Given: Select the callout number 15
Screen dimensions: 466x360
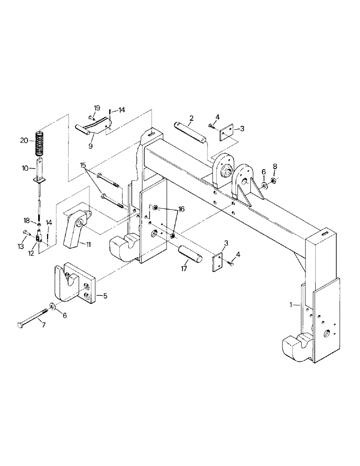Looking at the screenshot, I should click(83, 165).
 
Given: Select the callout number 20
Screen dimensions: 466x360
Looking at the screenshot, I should click(24, 139).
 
